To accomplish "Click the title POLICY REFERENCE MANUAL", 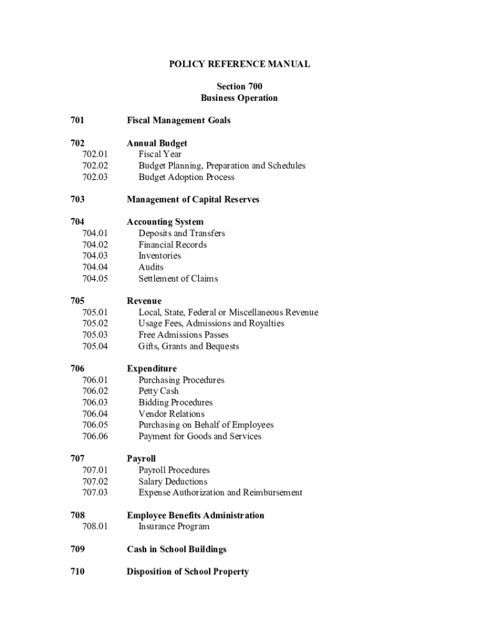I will tap(240, 64).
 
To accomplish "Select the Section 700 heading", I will tap(240, 87).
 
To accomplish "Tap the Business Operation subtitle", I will tap(240, 98).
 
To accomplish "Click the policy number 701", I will tap(78, 120).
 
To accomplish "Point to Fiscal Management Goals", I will tap(179, 120).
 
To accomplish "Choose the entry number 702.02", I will tap(95, 166).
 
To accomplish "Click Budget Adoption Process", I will tap(187, 177).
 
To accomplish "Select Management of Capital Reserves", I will tap(193, 199).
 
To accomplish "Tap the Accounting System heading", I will tap(165, 222).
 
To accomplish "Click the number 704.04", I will tap(95, 267).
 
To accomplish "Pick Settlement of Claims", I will tap(178, 279).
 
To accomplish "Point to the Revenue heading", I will tap(144, 301).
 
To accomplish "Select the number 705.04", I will tap(95, 346).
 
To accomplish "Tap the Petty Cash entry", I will tap(159, 391).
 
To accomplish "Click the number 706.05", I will tap(95, 425).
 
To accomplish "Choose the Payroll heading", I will tap(141, 459).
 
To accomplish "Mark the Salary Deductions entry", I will tap(173, 482).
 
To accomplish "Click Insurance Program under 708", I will tap(174, 526).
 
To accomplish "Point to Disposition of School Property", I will tap(188, 571).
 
